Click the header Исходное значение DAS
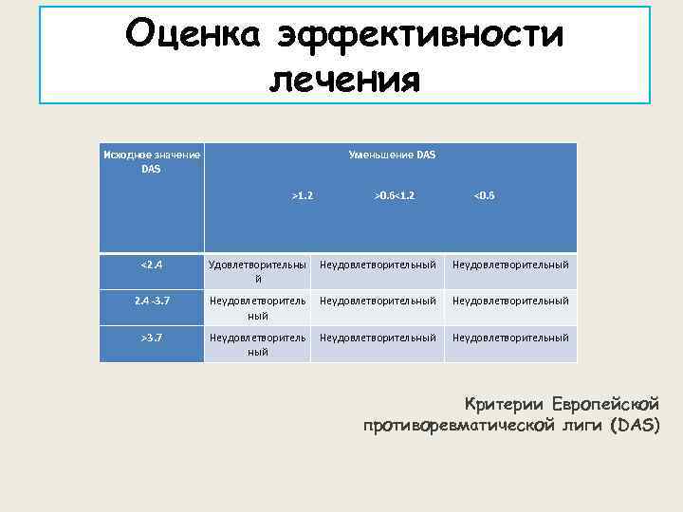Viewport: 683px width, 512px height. coord(152,161)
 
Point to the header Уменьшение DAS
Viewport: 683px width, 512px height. coord(392,155)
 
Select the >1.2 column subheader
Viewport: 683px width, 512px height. coord(302,195)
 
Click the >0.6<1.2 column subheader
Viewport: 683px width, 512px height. coord(392,195)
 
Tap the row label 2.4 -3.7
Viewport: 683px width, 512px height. coord(152,301)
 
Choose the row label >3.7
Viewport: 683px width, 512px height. coord(152,337)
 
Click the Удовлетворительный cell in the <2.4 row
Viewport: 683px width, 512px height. coord(257,271)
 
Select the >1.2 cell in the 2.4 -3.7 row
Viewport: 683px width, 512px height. coord(257,307)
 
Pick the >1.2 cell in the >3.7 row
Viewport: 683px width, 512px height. coord(257,343)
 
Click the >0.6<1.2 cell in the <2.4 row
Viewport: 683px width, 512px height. coord(378,265)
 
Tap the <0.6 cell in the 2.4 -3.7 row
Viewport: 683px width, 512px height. coord(510,301)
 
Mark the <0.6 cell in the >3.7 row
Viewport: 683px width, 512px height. coord(510,337)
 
